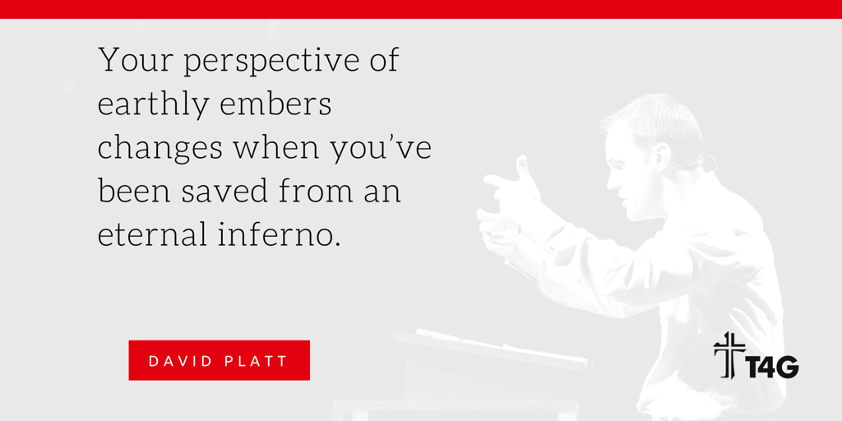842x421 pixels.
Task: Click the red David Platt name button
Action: [219, 360]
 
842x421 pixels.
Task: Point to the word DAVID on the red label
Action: [182, 361]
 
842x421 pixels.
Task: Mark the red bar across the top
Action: [421, 8]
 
